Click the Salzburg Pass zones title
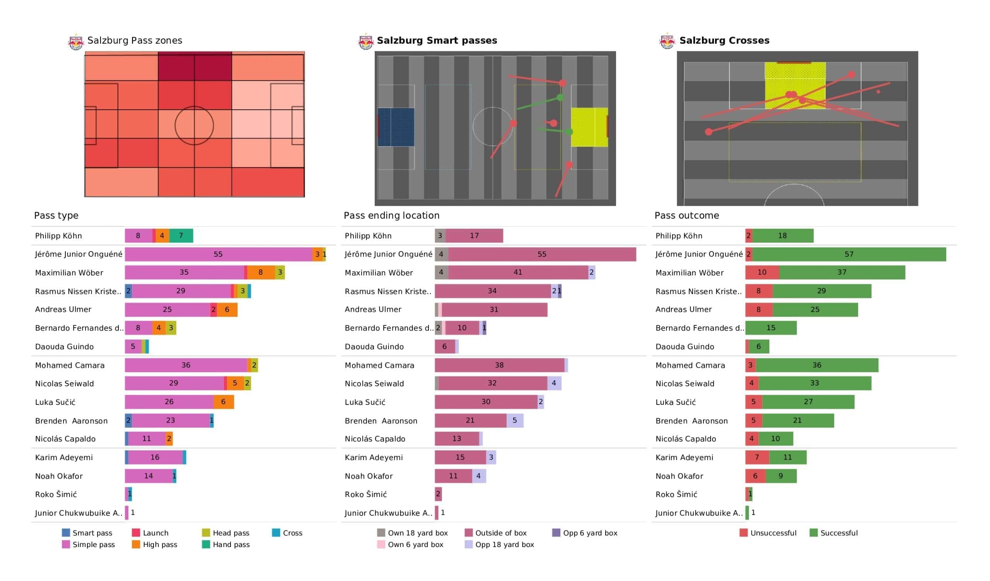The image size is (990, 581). click(x=134, y=41)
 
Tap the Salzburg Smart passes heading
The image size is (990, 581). click(x=437, y=41)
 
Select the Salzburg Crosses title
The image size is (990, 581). click(x=724, y=41)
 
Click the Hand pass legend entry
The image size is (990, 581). click(x=231, y=544)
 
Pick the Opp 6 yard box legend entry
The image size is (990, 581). click(x=590, y=533)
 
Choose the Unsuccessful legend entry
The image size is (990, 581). click(x=773, y=533)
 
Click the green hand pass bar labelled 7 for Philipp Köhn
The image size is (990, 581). click(x=181, y=236)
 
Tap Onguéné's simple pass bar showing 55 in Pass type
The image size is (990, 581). click(x=218, y=254)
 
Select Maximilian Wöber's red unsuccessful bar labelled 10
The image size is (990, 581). click(x=762, y=272)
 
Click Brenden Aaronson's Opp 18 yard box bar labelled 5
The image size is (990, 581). click(x=515, y=420)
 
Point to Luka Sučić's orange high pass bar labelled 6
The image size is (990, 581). click(x=224, y=402)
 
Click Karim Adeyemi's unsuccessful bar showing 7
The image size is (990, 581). click(x=757, y=457)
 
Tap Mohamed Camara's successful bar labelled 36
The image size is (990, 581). click(x=817, y=365)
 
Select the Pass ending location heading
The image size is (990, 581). click(x=391, y=216)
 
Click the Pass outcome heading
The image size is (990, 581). click(x=686, y=216)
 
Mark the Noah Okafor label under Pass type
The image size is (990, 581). click(x=59, y=476)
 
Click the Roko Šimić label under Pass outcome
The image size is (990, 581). click(x=676, y=494)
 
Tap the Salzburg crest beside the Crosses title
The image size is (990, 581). click(x=667, y=41)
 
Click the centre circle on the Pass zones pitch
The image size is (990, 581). click(x=194, y=126)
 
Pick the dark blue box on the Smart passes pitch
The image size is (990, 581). click(x=396, y=127)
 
